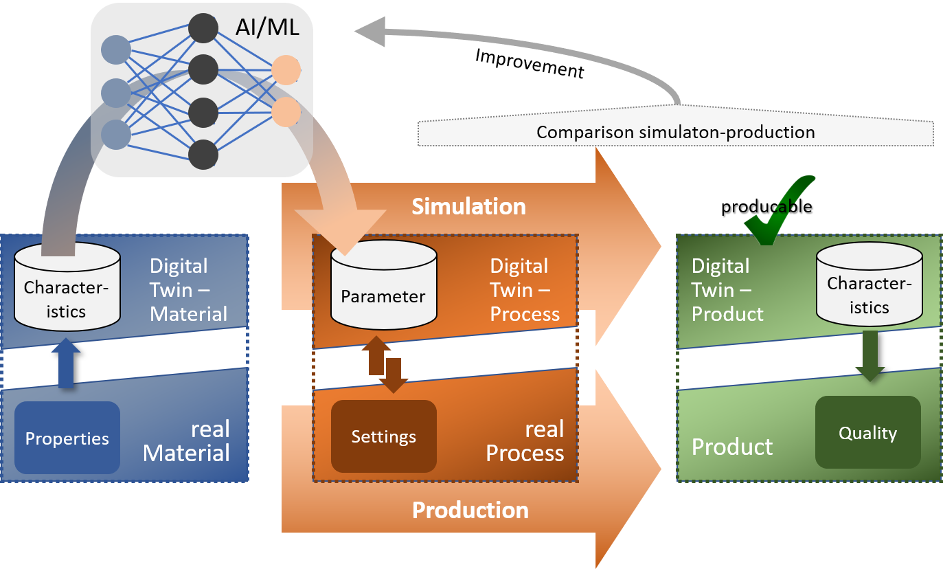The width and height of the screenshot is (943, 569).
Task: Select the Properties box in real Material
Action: pyautogui.click(x=67, y=438)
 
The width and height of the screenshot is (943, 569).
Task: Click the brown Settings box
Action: pyautogui.click(x=384, y=436)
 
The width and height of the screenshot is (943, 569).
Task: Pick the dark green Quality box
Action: pyautogui.click(x=867, y=433)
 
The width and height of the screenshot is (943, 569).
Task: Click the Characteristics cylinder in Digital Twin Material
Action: pyautogui.click(x=67, y=289)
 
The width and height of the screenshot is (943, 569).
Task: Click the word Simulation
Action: pyautogui.click(x=468, y=206)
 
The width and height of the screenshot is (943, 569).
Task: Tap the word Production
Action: pyautogui.click(x=470, y=510)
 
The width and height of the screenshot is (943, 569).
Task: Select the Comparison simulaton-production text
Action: pyautogui.click(x=675, y=132)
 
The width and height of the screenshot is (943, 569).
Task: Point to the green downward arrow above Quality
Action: pyautogui.click(x=870, y=355)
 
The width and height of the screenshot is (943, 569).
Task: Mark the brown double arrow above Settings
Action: pyautogui.click(x=385, y=364)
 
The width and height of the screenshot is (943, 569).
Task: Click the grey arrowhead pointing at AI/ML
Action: pyautogui.click(x=371, y=32)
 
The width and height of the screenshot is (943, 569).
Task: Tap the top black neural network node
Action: pyautogui.click(x=203, y=29)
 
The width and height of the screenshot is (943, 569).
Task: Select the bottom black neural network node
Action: pyautogui.click(x=203, y=154)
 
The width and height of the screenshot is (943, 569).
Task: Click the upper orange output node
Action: pyautogui.click(x=286, y=70)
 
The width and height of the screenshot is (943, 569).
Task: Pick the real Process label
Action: pyautogui.click(x=525, y=441)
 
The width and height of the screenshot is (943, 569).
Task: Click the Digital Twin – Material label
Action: pyautogui.click(x=188, y=290)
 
